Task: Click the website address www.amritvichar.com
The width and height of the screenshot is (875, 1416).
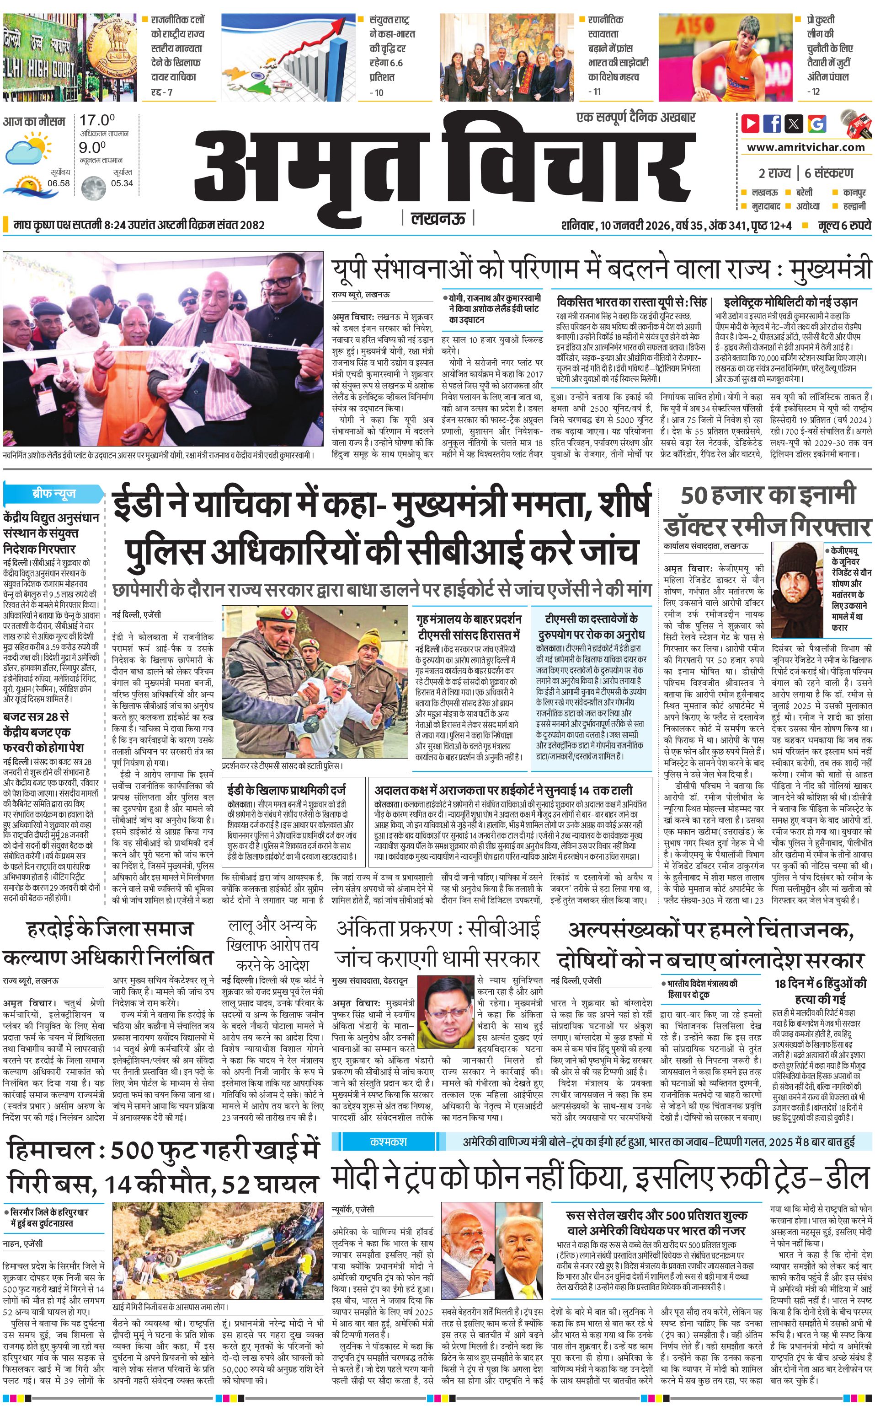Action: tap(806, 147)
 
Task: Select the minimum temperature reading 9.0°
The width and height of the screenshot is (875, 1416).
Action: tap(93, 147)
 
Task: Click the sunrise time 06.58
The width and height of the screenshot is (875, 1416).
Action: tap(59, 183)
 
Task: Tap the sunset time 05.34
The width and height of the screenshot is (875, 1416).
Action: tap(122, 183)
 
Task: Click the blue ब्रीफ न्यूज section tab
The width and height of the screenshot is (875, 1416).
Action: tap(53, 494)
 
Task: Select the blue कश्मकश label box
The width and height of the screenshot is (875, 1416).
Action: tap(388, 1141)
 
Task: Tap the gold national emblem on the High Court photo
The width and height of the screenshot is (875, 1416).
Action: tap(113, 41)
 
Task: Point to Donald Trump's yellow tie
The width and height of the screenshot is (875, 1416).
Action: tap(524, 1277)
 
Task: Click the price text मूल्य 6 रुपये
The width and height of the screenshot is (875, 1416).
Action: tap(844, 225)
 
